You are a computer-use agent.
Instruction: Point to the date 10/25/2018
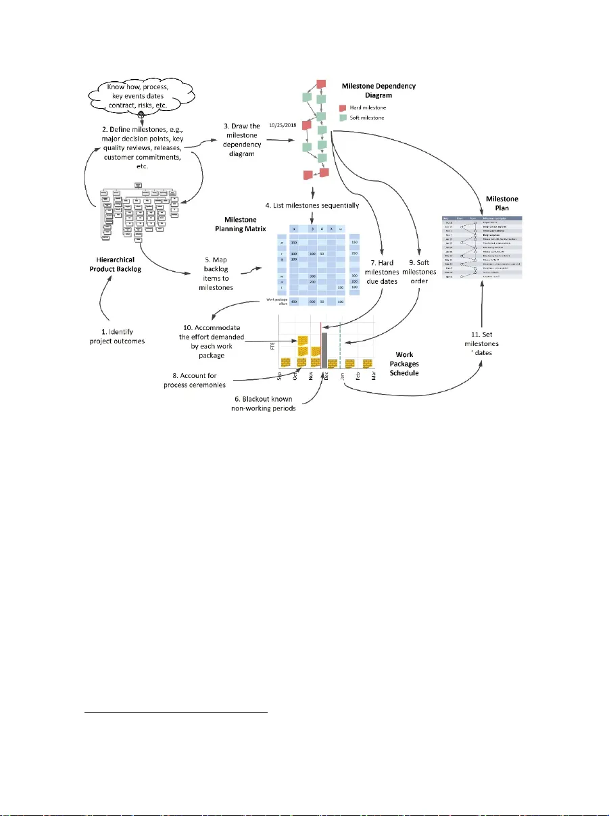[x=283, y=125]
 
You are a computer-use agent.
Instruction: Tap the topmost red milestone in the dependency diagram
[x=321, y=84]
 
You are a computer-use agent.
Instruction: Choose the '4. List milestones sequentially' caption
[x=312, y=204]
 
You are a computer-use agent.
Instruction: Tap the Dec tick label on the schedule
[x=326, y=379]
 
